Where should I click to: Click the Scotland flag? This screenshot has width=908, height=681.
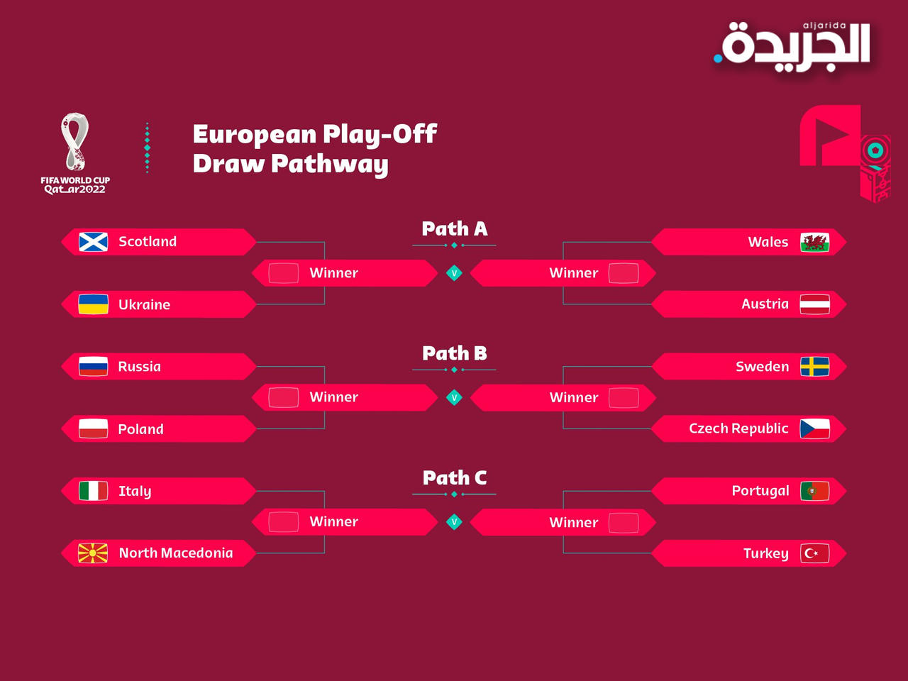(x=94, y=242)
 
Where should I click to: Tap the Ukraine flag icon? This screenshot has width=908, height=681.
(x=94, y=304)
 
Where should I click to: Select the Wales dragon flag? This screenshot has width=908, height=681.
(x=814, y=243)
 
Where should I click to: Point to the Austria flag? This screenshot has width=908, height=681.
(x=814, y=304)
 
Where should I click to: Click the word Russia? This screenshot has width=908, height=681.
(x=140, y=367)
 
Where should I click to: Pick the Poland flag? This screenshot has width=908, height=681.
(x=94, y=428)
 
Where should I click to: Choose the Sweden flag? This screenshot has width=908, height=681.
(x=814, y=367)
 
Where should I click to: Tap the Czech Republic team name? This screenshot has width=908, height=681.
(x=738, y=428)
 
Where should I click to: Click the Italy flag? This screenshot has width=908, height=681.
(x=94, y=491)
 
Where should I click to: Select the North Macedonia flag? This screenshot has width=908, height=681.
(x=94, y=553)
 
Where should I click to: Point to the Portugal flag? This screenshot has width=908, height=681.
(x=814, y=491)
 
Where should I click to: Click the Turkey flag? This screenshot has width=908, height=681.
(x=814, y=553)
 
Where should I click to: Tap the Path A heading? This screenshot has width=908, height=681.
(x=455, y=228)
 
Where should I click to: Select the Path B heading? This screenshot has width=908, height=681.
(x=455, y=353)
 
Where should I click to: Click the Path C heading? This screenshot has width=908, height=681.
(x=455, y=478)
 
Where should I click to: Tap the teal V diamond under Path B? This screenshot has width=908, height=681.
(x=454, y=397)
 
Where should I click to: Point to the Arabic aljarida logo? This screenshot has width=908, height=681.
(x=792, y=47)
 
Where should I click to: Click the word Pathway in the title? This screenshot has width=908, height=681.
(x=330, y=164)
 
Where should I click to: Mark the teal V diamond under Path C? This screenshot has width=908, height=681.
(x=454, y=522)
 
